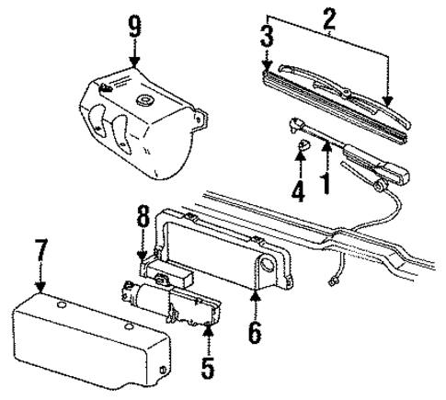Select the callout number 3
point(266,38)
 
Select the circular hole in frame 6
point(267,268)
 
